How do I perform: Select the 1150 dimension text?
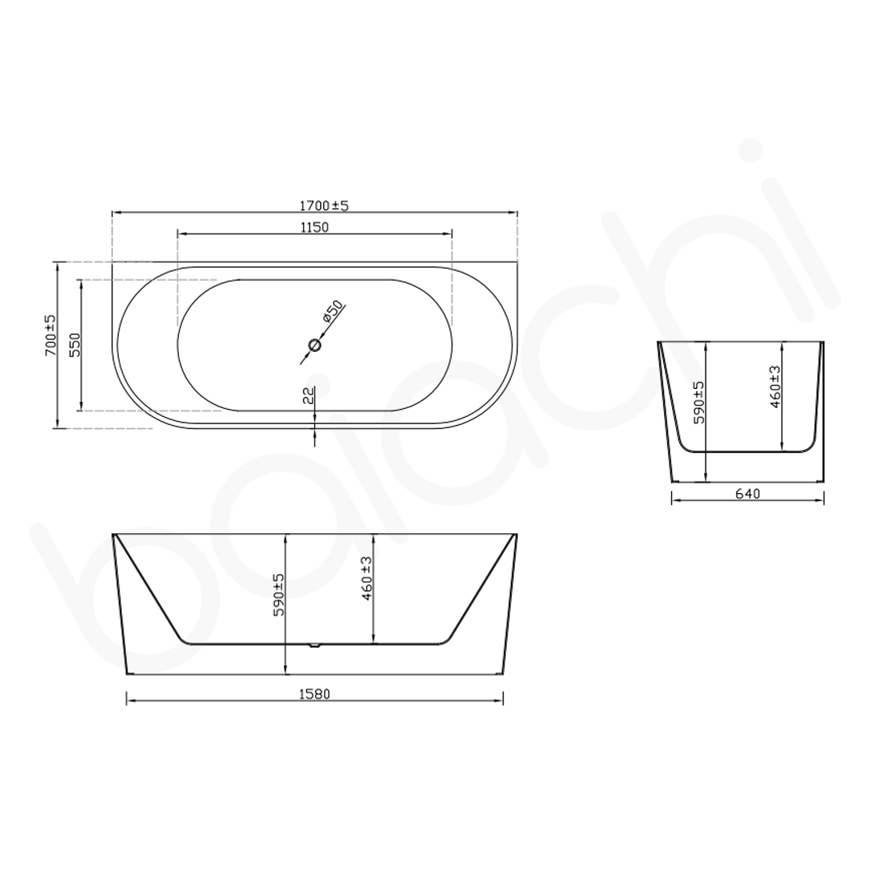click(314, 227)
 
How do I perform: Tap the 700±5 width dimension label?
click(51, 335)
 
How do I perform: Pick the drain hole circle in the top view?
click(314, 346)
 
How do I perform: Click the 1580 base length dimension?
click(314, 694)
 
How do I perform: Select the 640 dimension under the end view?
click(747, 493)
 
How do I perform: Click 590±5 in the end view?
click(698, 403)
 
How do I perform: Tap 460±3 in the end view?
click(775, 387)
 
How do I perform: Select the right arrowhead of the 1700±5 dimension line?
click(513, 212)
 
